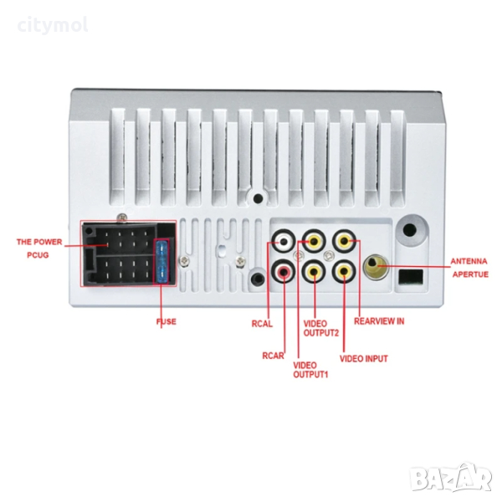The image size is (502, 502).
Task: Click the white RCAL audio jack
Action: (285, 243)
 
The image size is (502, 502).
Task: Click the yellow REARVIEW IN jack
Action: (344, 243)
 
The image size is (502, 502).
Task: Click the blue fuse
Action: (164, 260)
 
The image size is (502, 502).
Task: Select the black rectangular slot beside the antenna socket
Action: (410, 276)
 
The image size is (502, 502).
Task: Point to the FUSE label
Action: (166, 320)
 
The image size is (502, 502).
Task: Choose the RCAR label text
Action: (272, 355)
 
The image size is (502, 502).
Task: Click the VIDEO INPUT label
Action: (363, 358)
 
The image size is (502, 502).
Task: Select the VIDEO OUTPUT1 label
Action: (310, 369)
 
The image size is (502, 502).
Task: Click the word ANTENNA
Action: (469, 260)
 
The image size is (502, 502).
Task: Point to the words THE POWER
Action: (38, 242)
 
